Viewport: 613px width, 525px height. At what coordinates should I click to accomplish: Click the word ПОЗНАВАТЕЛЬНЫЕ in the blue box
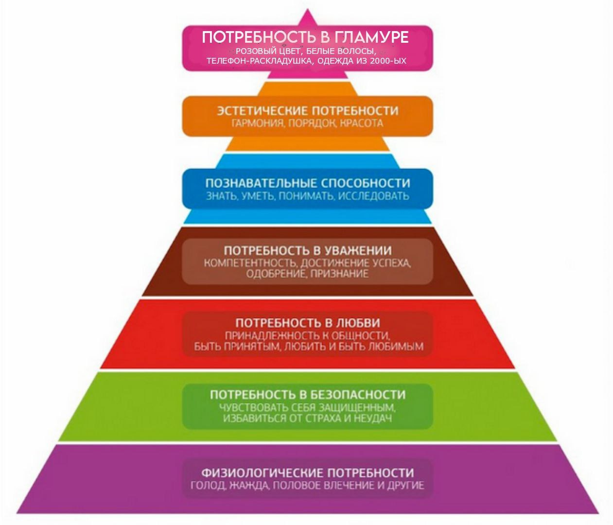point(261,183)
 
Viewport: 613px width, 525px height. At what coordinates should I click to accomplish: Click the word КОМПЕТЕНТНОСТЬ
point(250,263)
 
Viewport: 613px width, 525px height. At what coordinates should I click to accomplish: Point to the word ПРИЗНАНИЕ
point(340,274)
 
